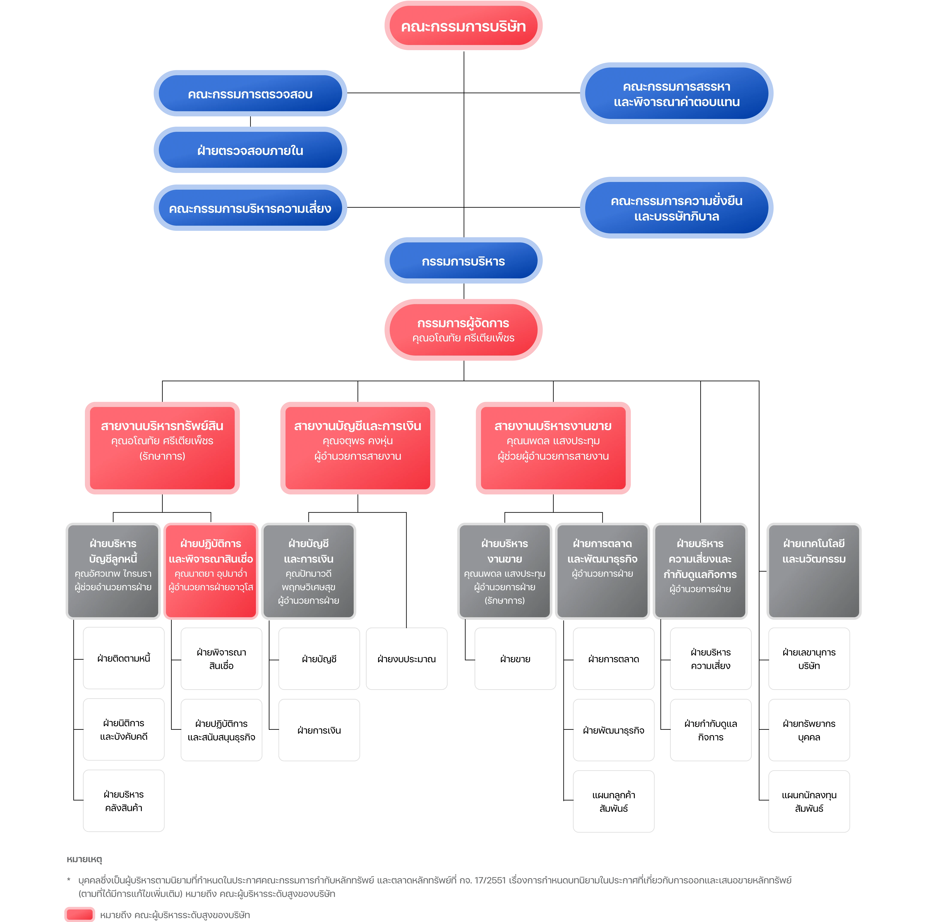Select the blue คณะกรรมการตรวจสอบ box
click(x=250, y=93)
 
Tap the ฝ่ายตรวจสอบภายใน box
click(x=250, y=150)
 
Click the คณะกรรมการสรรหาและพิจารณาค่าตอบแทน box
click(x=676, y=93)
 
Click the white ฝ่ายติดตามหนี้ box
click(x=124, y=658)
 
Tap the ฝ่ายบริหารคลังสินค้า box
click(x=124, y=801)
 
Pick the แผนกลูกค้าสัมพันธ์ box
click(x=613, y=801)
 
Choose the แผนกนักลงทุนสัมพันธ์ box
click(x=809, y=801)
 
